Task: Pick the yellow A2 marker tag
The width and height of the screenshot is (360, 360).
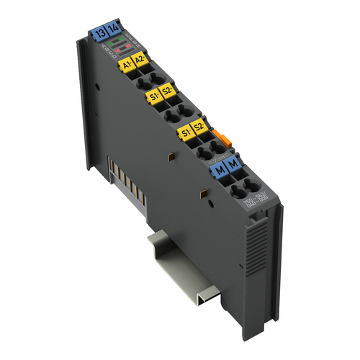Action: (x=142, y=63)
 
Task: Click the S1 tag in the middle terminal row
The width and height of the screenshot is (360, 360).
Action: (x=153, y=96)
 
